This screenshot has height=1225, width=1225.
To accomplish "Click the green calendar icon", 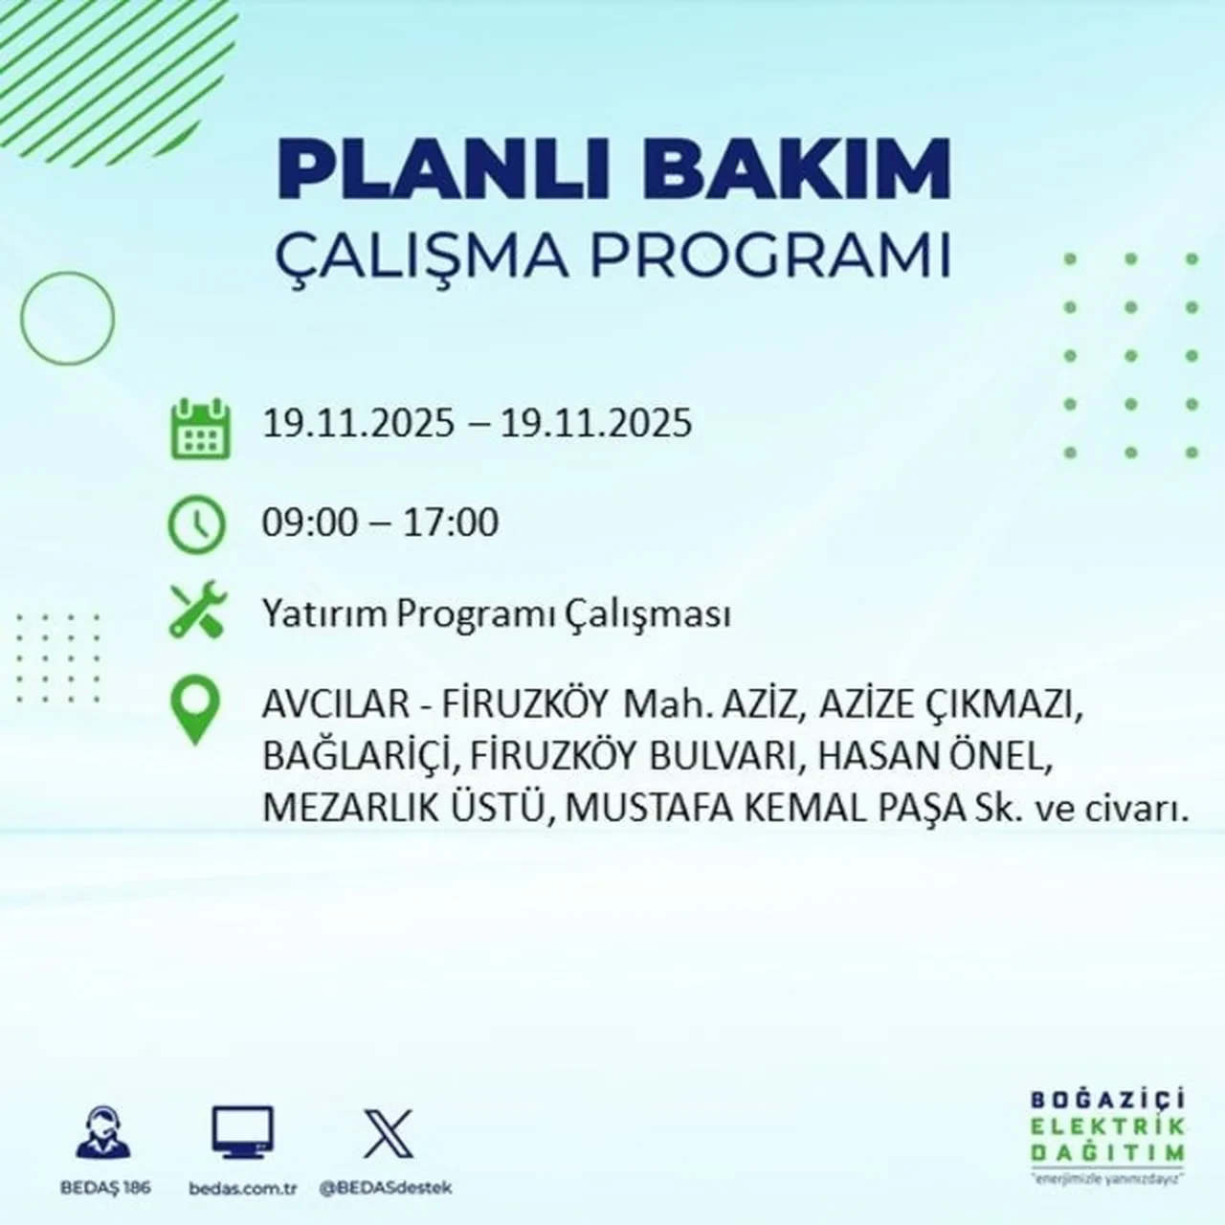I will click(200, 428).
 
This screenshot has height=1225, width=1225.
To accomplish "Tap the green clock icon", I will click(197, 524).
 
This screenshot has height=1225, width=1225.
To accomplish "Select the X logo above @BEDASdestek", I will click(387, 1135).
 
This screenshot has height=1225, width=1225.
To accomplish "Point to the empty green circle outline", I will click(67, 317).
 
